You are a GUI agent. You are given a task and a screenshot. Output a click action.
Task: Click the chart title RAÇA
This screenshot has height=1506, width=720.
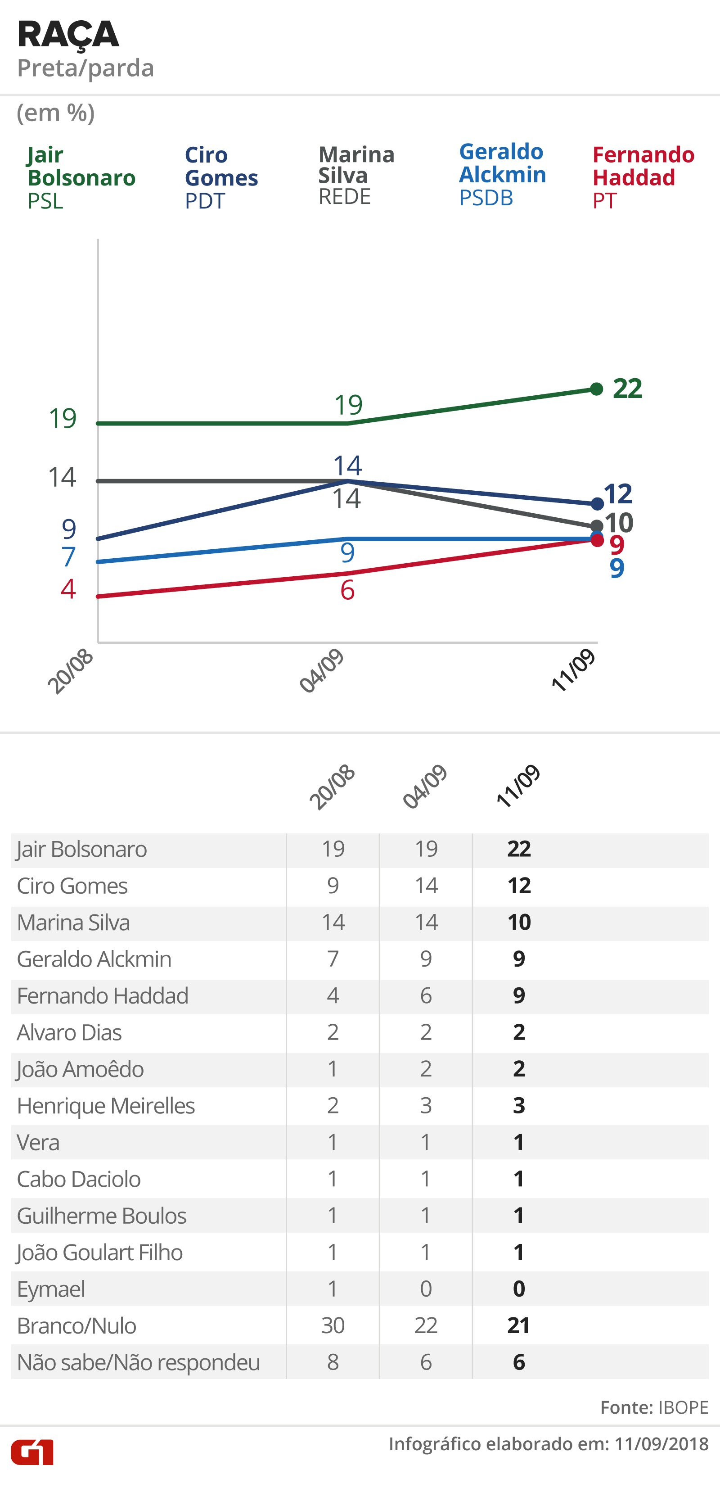pyautogui.click(x=68, y=35)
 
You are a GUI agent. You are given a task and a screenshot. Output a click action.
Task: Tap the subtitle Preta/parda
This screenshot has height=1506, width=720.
pyautogui.click(x=85, y=68)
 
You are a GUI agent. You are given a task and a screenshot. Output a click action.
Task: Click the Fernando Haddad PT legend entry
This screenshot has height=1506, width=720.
pyautogui.click(x=643, y=177)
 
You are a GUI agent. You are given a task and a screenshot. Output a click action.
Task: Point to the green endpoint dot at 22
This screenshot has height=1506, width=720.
pyautogui.click(x=596, y=389)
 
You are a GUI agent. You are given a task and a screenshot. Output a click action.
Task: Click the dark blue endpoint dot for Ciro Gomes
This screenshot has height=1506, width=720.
pyautogui.click(x=597, y=503)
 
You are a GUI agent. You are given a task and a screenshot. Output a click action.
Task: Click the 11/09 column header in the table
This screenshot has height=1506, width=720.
pyautogui.click(x=518, y=787)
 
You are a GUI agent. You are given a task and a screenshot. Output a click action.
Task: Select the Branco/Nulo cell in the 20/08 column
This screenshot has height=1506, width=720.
pyautogui.click(x=333, y=1325)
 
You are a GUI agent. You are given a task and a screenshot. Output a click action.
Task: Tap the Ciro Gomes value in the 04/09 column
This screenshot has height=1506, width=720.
pyautogui.click(x=426, y=886)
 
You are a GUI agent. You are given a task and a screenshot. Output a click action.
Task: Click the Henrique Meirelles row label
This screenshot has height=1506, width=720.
pyautogui.click(x=106, y=1106)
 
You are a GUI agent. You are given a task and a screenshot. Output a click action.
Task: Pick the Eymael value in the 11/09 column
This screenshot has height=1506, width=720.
pyautogui.click(x=519, y=1289)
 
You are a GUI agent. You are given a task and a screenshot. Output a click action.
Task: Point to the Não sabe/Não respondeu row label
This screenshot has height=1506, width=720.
pyautogui.click(x=139, y=1362)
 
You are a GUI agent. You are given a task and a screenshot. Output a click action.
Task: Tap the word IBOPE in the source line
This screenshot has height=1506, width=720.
pyautogui.click(x=683, y=1407)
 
